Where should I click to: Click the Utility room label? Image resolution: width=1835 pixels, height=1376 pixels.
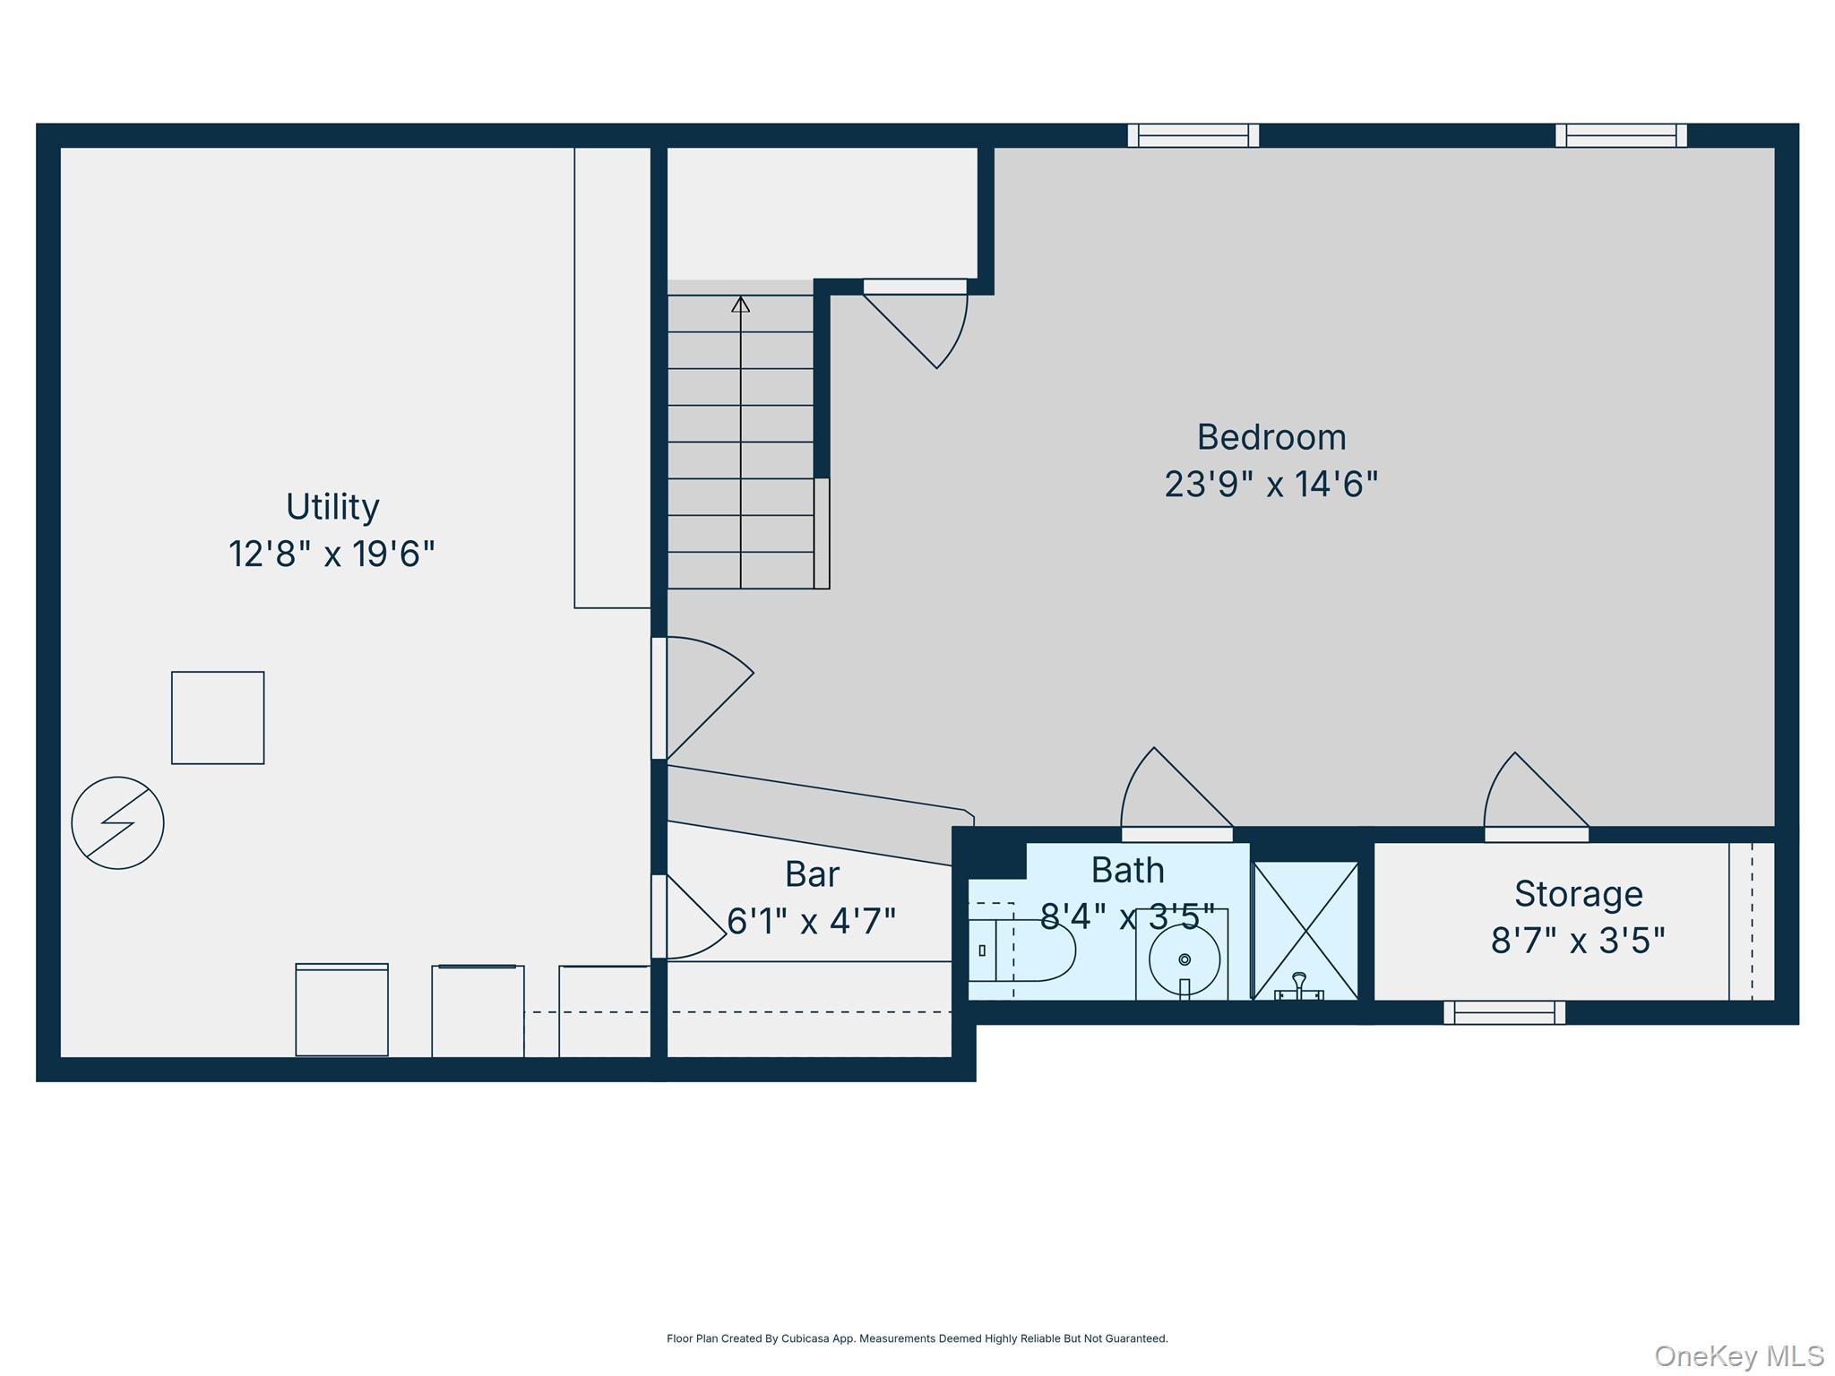click(332, 507)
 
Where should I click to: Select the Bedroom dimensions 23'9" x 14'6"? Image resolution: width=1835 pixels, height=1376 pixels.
click(1271, 485)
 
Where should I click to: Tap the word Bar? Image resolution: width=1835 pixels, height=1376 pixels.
click(812, 874)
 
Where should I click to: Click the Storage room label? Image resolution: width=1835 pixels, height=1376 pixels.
click(1578, 894)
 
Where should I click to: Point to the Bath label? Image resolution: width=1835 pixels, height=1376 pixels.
click(1127, 871)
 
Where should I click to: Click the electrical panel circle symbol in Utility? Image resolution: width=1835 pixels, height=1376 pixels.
click(117, 822)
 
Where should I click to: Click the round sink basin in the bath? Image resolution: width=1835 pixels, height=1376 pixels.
click(1184, 959)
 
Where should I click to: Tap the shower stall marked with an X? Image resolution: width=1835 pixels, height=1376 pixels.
click(1305, 931)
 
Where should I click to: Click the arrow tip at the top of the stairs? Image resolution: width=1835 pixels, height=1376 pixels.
click(740, 305)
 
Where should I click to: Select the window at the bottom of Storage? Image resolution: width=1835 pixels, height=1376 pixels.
click(1504, 1012)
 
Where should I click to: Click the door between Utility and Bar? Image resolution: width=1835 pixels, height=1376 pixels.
click(690, 918)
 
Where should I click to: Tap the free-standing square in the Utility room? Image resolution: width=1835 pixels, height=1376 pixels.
click(218, 718)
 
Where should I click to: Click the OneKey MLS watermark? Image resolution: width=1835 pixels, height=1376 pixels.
click(1738, 1356)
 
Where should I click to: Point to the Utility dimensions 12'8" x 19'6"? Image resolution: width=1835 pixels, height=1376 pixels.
click(332, 555)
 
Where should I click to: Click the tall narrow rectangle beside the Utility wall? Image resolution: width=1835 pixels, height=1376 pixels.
click(612, 376)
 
